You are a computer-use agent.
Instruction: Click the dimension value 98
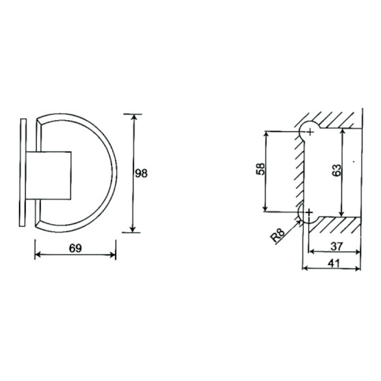[141, 173]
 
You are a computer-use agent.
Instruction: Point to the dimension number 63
[336, 171]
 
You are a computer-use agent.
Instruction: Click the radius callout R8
[278, 236]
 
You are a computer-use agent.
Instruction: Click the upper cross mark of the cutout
[310, 131]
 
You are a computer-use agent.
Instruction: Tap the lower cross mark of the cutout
[310, 211]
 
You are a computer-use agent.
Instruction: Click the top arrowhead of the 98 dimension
[133, 117]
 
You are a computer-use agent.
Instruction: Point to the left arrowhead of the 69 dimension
[38, 255]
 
